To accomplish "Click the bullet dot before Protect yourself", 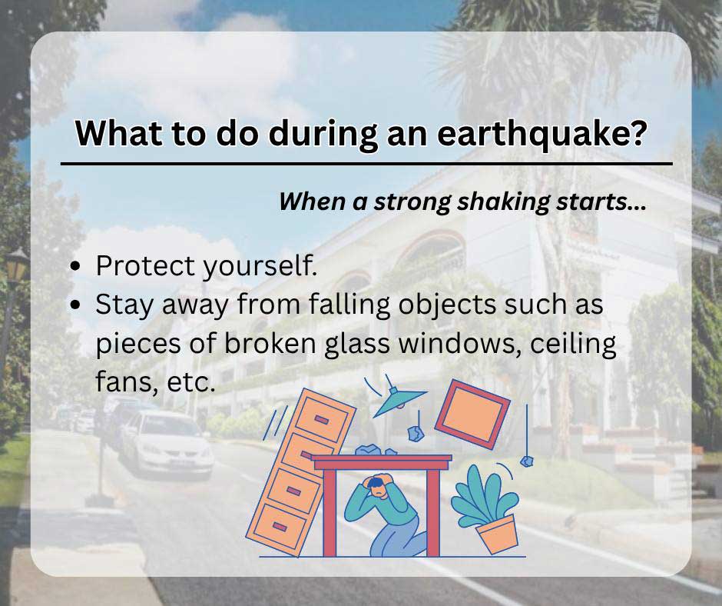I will pyautogui.click(x=76, y=266).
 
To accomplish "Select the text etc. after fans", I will pyautogui.click(x=187, y=382).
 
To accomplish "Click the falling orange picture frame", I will pyautogui.click(x=472, y=414).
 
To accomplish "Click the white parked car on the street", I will pyautogui.click(x=165, y=442).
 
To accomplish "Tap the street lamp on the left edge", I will pyautogui.click(x=17, y=269).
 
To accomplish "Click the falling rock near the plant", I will pyautogui.click(x=526, y=461).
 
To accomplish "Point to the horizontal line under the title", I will pyautogui.click(x=366, y=164).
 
